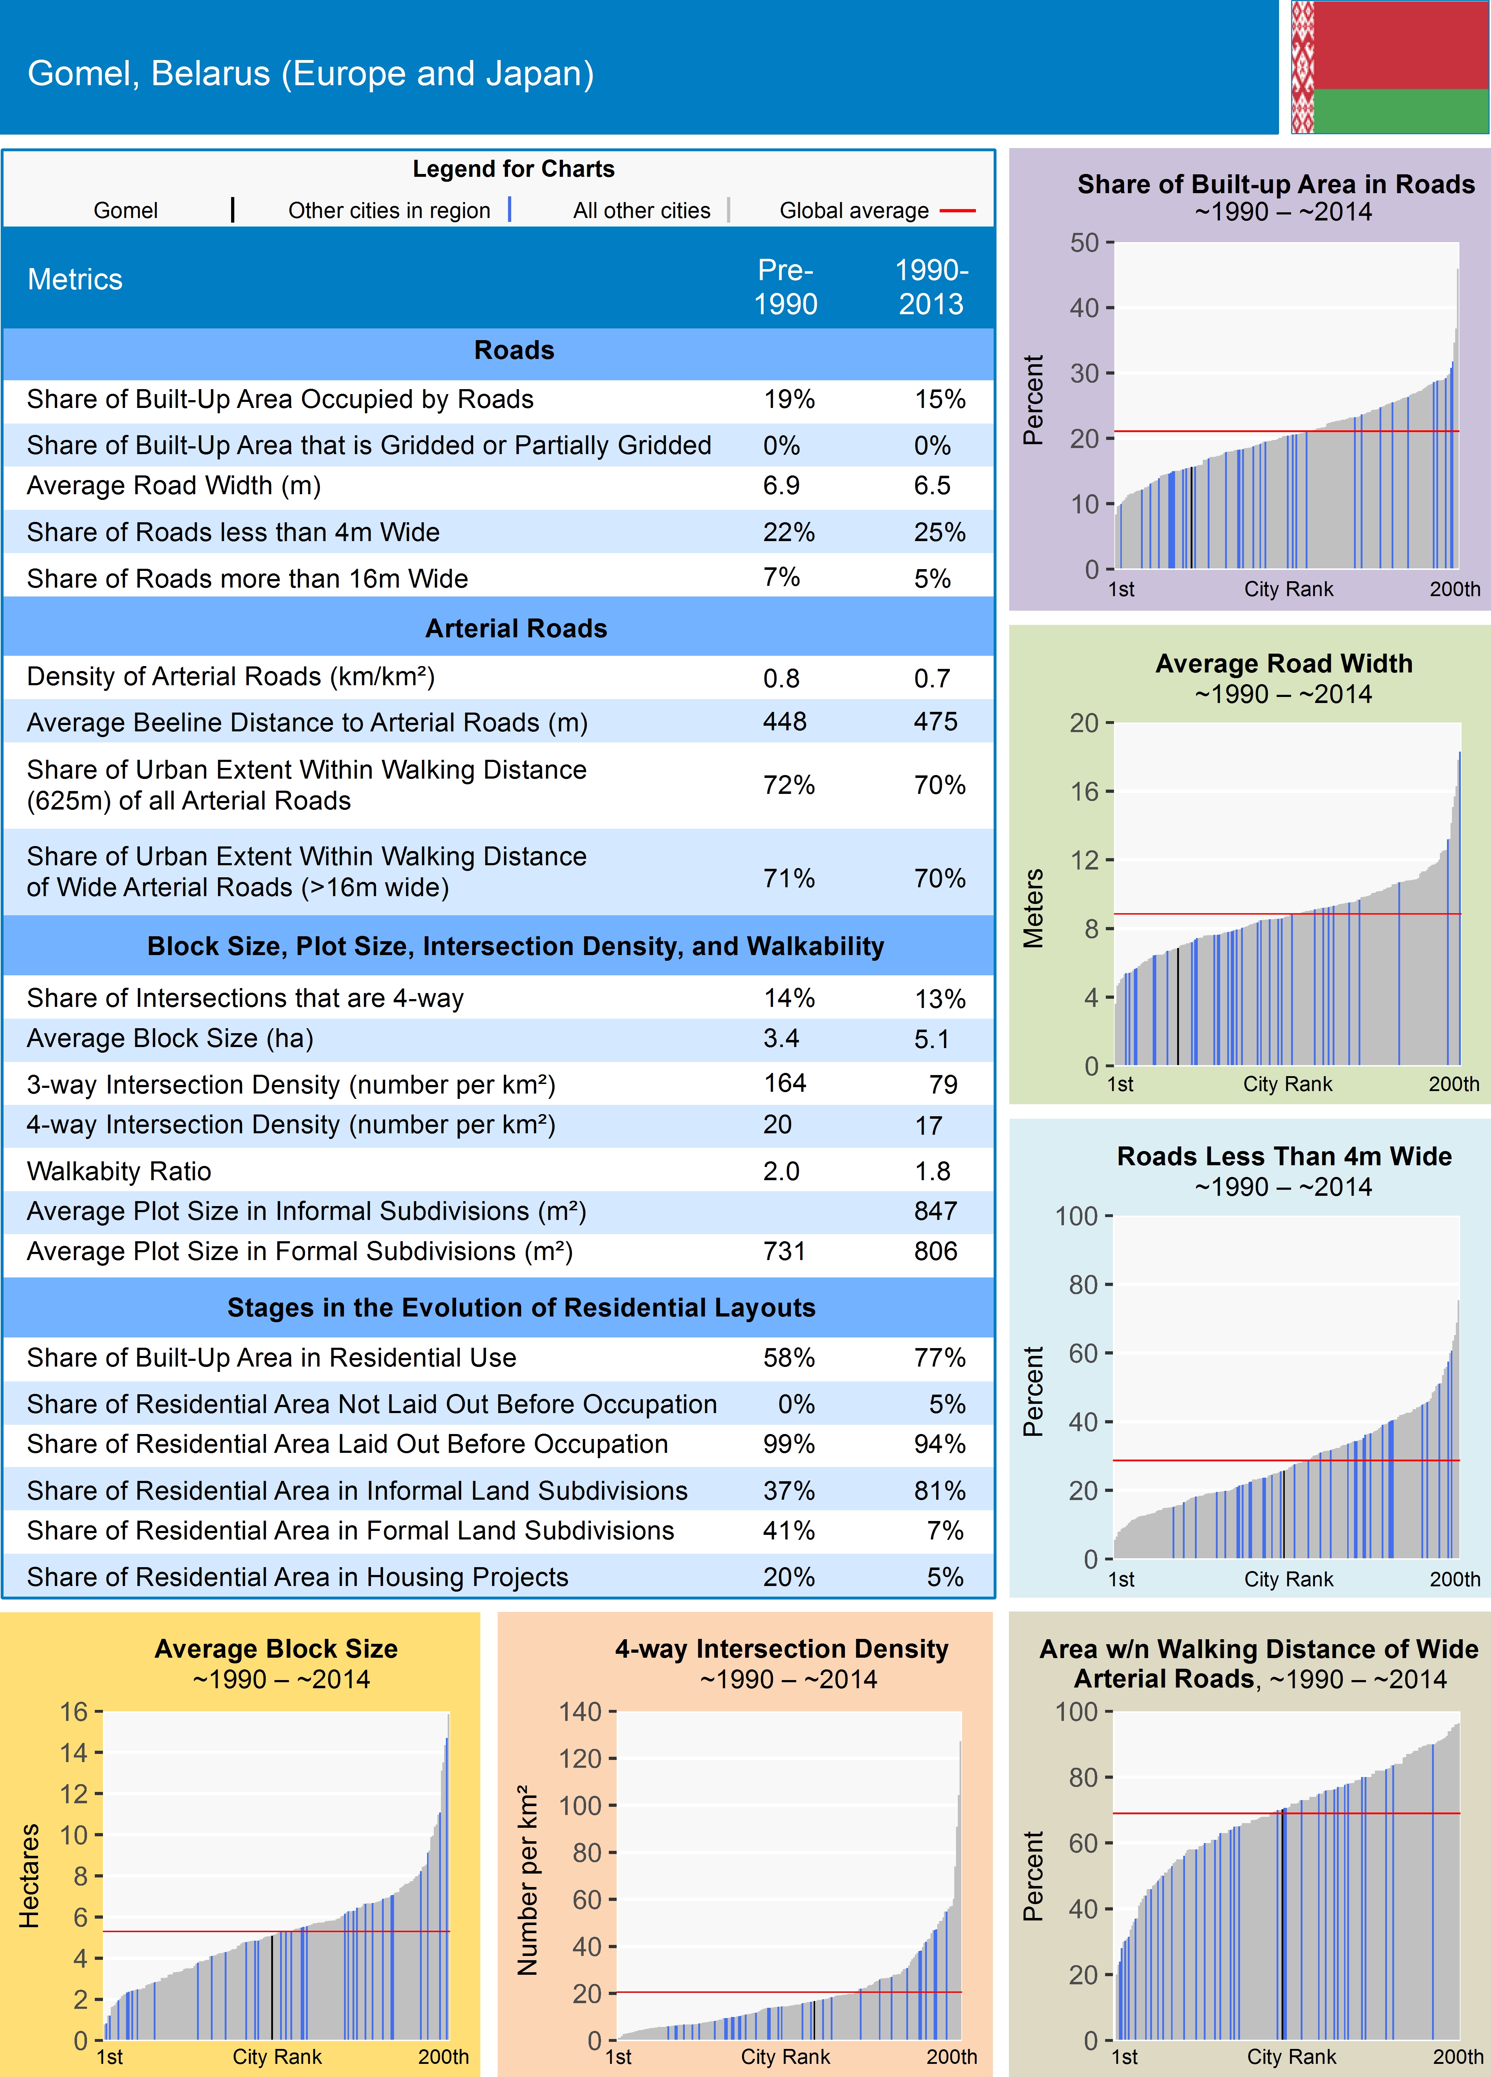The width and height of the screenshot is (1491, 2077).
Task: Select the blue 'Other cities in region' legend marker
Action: pyautogui.click(x=509, y=210)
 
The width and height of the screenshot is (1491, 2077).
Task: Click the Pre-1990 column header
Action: pyautogui.click(x=785, y=287)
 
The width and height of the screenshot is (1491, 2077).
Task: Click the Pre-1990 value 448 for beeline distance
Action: pyautogui.click(x=785, y=722)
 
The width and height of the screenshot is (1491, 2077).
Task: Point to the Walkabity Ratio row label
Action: pyautogui.click(x=119, y=1171)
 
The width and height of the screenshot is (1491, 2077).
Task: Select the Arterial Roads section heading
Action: pyautogui.click(x=515, y=628)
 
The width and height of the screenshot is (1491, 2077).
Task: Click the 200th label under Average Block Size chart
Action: pyautogui.click(x=443, y=2057)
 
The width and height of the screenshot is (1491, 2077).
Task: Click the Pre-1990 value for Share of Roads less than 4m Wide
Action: pyautogui.click(x=788, y=532)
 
